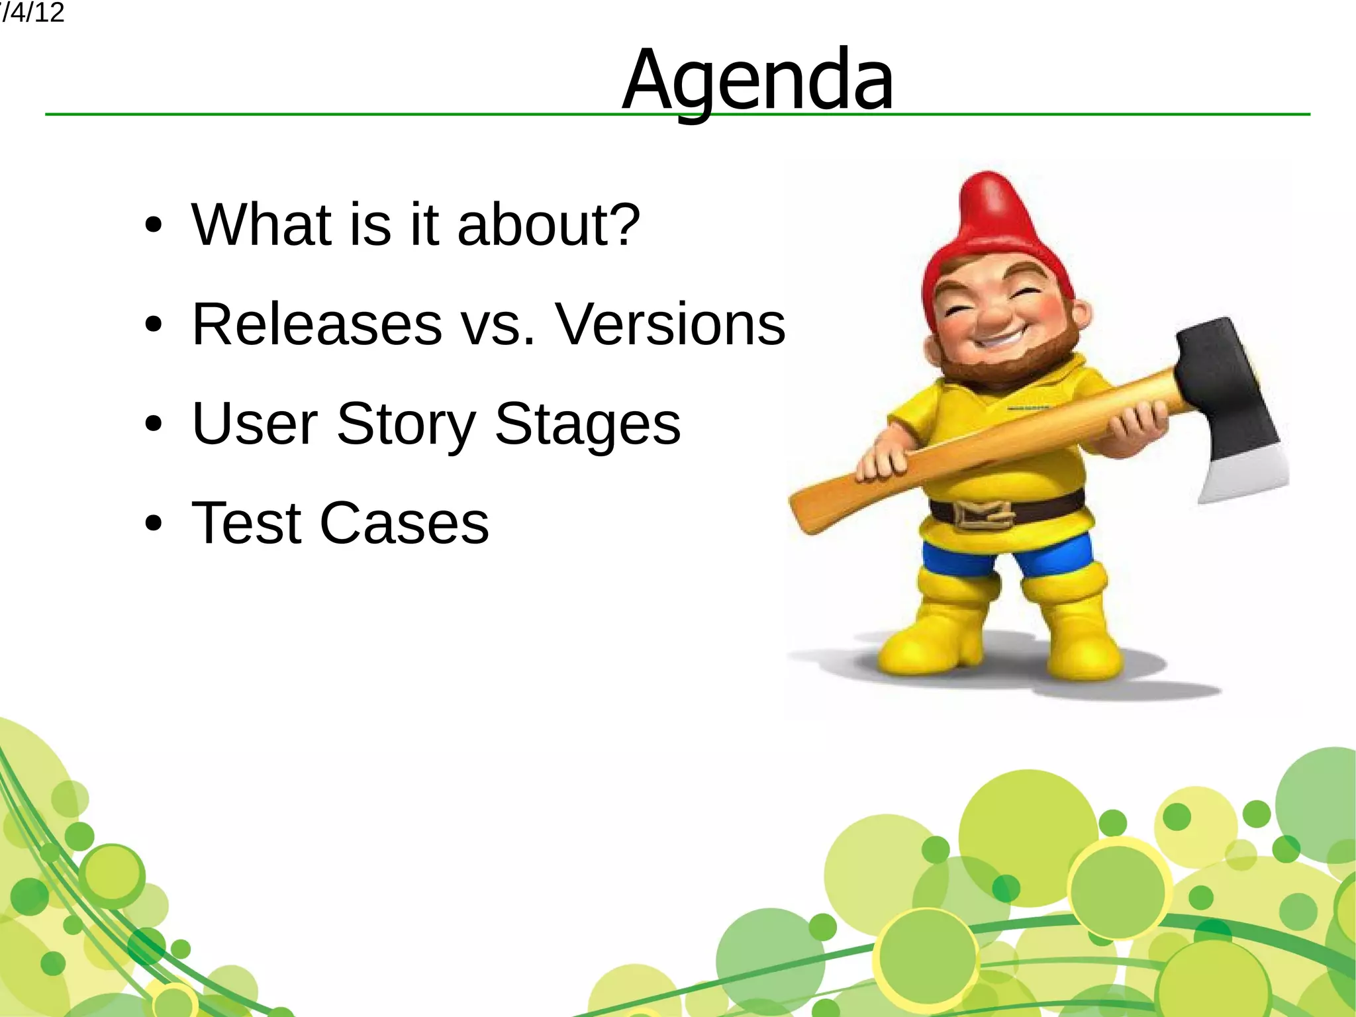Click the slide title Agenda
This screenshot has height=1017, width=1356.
tap(757, 81)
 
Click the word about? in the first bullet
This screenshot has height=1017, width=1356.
tap(548, 224)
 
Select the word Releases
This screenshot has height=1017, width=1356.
tap(316, 324)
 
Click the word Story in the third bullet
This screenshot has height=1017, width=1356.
tap(406, 424)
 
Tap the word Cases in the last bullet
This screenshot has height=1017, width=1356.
tap(404, 523)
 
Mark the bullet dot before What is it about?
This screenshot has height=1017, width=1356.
tap(153, 226)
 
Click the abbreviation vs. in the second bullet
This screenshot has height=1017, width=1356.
tap(498, 325)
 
